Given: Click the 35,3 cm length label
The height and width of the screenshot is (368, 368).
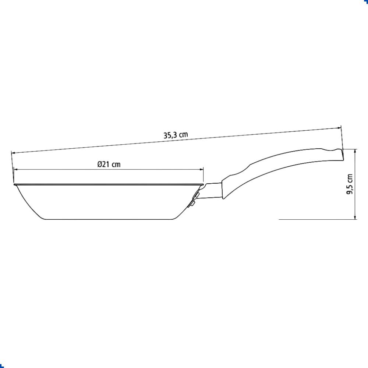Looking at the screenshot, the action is click(x=176, y=135).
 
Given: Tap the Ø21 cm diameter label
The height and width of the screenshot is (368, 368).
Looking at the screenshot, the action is click(x=109, y=164).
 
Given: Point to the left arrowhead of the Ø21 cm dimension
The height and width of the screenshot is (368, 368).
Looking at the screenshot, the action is click(x=16, y=169).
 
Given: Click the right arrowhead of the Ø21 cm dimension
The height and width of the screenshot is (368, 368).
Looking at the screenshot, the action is click(x=201, y=169).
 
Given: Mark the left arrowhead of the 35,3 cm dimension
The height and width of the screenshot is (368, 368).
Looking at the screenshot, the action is click(x=13, y=153).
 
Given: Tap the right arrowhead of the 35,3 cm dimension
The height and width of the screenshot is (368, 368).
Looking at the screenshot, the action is click(x=339, y=128).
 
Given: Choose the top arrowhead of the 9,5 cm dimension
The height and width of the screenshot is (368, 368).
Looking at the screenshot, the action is click(x=355, y=151).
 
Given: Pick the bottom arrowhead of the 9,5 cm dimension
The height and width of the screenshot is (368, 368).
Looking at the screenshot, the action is click(x=355, y=217).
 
